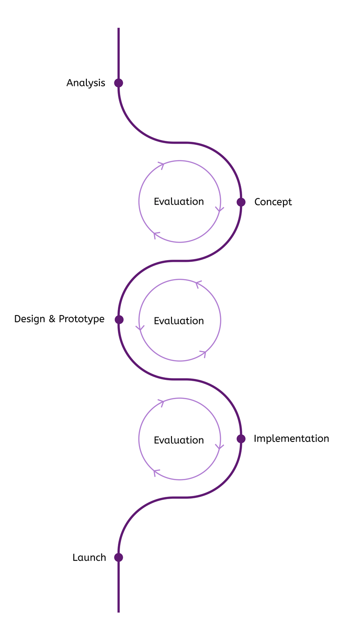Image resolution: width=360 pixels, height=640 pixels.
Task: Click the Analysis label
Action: pyautogui.click(x=85, y=83)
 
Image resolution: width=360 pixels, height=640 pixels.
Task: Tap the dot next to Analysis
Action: pyautogui.click(x=118, y=83)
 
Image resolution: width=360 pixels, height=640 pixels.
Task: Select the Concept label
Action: pyautogui.click(x=273, y=202)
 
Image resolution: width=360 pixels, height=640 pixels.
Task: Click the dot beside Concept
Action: pyautogui.click(x=241, y=202)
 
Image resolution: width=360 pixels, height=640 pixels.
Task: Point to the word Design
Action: pyautogui.click(x=30, y=319)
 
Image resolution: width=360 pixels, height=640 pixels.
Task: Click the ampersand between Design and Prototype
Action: pyautogui.click(x=52, y=319)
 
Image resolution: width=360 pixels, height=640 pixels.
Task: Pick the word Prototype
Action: pyautogui.click(x=82, y=319)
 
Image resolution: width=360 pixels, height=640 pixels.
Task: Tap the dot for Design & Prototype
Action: pyautogui.click(x=119, y=320)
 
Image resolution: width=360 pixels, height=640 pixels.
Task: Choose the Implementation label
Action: pyautogui.click(x=292, y=438)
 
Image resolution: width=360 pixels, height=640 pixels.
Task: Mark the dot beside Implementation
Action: pyautogui.click(x=241, y=438)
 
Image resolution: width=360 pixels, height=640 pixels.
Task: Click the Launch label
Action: pyautogui.click(x=89, y=558)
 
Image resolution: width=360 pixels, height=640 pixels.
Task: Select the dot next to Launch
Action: pyautogui.click(x=118, y=557)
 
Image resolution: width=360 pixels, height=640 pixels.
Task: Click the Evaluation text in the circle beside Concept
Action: pyautogui.click(x=179, y=202)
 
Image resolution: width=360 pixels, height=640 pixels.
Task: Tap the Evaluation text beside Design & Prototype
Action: pyautogui.click(x=179, y=321)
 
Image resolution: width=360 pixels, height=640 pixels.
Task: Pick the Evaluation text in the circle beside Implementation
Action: pyautogui.click(x=179, y=440)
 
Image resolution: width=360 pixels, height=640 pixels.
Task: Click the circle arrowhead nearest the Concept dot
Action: pyautogui.click(x=220, y=209)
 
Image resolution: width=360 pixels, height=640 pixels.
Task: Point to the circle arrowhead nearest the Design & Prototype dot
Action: pyautogui.click(x=140, y=328)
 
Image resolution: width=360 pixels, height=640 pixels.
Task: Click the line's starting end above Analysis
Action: pyautogui.click(x=118, y=28)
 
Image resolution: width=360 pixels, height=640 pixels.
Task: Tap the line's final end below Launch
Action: pyautogui.click(x=118, y=612)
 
